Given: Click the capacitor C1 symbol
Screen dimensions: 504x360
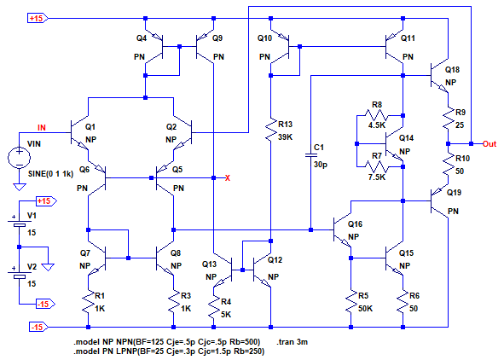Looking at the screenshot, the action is coord(310,155).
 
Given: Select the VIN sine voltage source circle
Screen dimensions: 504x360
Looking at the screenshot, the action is coord(20,158).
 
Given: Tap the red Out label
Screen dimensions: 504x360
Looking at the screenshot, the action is coord(490,144).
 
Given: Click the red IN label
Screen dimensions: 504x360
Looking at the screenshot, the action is coord(42,128).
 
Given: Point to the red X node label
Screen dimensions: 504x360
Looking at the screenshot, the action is coord(228,178).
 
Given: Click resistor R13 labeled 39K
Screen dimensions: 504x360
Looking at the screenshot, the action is coord(270,129).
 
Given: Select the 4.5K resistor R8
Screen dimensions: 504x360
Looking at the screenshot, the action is coord(377,115).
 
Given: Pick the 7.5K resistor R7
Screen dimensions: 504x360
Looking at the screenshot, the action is coord(377,167).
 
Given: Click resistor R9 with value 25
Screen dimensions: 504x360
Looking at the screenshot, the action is coord(448,119).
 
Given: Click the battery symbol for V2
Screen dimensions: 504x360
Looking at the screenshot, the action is coord(20,273).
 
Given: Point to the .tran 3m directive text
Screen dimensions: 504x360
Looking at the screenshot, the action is coord(292,342).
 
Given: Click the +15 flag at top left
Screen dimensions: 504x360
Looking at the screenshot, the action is coord(38,18).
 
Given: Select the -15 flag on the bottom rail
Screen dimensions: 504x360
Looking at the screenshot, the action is coord(38,328).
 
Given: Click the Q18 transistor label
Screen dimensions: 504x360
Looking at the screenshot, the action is coord(452,70).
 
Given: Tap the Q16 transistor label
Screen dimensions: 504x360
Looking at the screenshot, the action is coord(355,224).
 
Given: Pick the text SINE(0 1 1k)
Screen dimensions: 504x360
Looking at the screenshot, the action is coord(51,174).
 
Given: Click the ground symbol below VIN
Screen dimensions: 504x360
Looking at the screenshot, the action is coord(20,187).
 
